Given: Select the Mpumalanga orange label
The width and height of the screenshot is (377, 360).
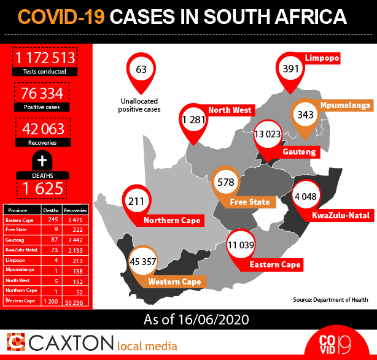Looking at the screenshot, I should tap(343, 105).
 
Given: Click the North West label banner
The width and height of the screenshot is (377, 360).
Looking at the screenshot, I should tap(229, 110).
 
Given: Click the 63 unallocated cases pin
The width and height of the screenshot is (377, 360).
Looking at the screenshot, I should tap(141, 69).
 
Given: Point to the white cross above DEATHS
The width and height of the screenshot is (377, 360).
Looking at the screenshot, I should tap(42, 161).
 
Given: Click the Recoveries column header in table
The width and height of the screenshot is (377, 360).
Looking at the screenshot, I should tap(76, 210).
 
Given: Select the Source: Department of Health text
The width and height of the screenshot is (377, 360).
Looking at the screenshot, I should tap(331, 300).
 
